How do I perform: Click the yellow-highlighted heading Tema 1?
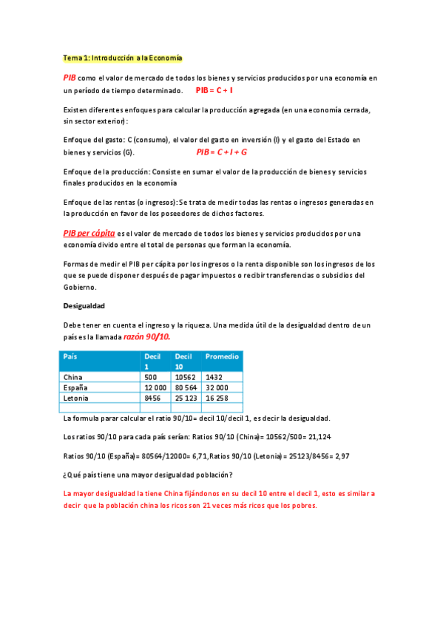(x=122, y=58)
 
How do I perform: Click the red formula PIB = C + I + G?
(x=221, y=152)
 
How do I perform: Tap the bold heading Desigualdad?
(x=84, y=305)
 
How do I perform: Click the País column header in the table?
(x=70, y=356)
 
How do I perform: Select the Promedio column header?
(x=222, y=356)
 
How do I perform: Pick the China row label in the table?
(x=73, y=377)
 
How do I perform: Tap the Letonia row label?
(x=76, y=398)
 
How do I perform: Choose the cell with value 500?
(x=151, y=377)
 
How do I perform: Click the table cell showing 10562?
(x=186, y=377)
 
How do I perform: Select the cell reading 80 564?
(x=187, y=387)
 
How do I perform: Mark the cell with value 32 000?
(x=217, y=387)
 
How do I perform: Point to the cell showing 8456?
(x=152, y=398)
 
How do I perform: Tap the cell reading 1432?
(x=214, y=377)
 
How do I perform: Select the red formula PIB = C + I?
(x=214, y=90)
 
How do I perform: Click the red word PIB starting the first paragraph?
(x=70, y=77)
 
